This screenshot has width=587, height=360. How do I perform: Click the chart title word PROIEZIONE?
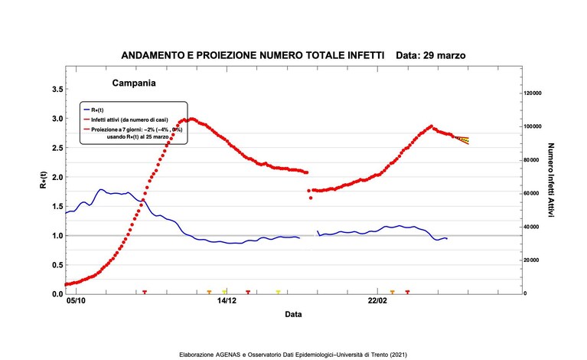(x=227, y=55)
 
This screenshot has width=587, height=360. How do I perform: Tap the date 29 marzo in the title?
(x=445, y=55)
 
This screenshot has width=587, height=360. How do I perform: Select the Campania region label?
(x=134, y=83)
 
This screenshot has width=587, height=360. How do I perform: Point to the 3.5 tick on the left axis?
(x=57, y=89)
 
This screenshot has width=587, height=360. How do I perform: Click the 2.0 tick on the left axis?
(x=57, y=177)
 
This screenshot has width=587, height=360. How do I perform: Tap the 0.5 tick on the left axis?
(x=57, y=265)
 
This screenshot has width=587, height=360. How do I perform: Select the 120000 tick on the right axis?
(x=533, y=93)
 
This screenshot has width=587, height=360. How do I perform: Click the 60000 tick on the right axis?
(x=532, y=193)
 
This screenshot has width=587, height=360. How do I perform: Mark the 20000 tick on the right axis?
(x=532, y=260)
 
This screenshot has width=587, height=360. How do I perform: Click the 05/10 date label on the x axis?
(x=76, y=301)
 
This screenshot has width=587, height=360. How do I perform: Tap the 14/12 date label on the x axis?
(x=227, y=301)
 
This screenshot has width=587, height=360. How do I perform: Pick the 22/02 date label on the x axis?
(x=377, y=301)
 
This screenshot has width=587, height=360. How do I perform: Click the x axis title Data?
(x=293, y=314)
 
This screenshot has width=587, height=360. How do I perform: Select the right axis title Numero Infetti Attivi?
(x=551, y=180)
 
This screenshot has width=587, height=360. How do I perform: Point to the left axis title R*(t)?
(x=44, y=180)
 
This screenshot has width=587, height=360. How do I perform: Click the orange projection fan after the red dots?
(x=462, y=140)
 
